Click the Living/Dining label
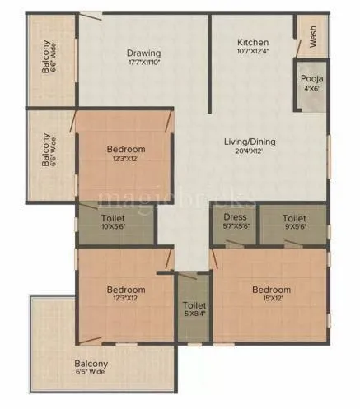[x=250, y=142]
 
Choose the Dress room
[x=236, y=223]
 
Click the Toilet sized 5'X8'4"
[x=189, y=311]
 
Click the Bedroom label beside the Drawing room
[x=126, y=149]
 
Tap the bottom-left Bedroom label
[x=126, y=290]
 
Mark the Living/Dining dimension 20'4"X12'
[x=250, y=152]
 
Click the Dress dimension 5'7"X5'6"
[x=236, y=229]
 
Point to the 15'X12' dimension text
[x=271, y=300]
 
